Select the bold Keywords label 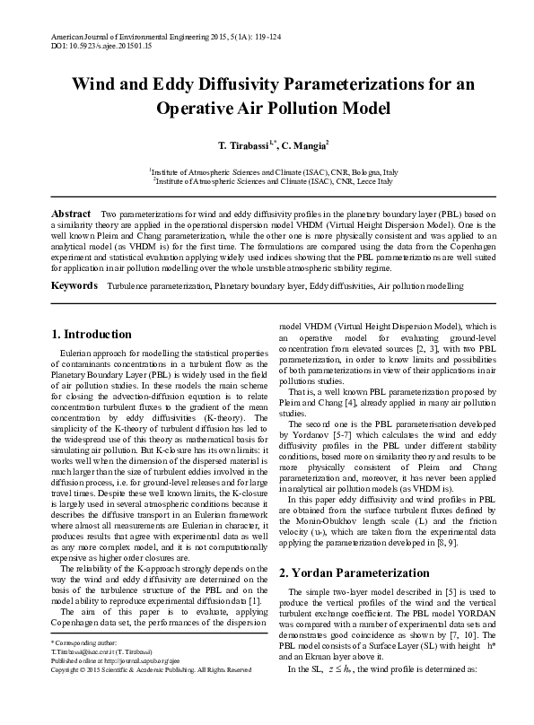tap(74, 285)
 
